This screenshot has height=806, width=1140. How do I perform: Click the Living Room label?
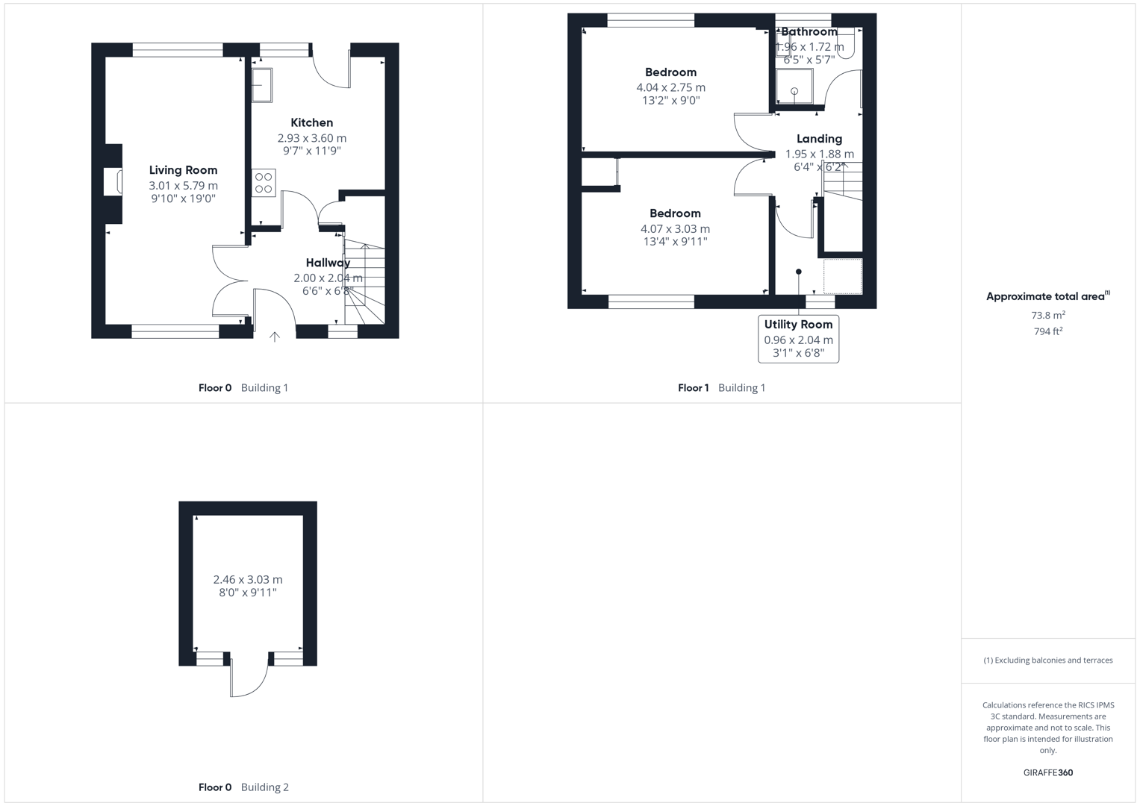[183, 170]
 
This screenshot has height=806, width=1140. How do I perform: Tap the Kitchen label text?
[312, 122]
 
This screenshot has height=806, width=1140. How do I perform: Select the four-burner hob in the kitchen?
[264, 183]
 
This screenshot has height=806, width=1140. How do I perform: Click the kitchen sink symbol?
[261, 84]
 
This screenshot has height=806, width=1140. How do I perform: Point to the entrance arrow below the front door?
[275, 337]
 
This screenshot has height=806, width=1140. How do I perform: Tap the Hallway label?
[328, 263]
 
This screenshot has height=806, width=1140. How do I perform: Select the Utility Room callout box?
[798, 339]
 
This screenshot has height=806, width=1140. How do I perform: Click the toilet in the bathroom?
[846, 45]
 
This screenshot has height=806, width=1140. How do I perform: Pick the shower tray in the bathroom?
[794, 87]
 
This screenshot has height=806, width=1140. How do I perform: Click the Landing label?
[819, 139]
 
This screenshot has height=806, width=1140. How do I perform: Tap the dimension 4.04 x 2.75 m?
[670, 87]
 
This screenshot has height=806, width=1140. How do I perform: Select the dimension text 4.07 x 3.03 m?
[675, 229]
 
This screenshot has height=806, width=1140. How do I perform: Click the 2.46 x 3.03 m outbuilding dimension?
[248, 579]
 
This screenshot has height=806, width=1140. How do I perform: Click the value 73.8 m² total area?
[1047, 315]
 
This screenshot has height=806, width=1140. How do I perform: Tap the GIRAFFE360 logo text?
[1047, 772]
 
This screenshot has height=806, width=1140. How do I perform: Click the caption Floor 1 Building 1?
[721, 387]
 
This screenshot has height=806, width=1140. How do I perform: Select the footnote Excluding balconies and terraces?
[1047, 660]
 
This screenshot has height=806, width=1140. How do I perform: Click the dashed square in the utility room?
[843, 276]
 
